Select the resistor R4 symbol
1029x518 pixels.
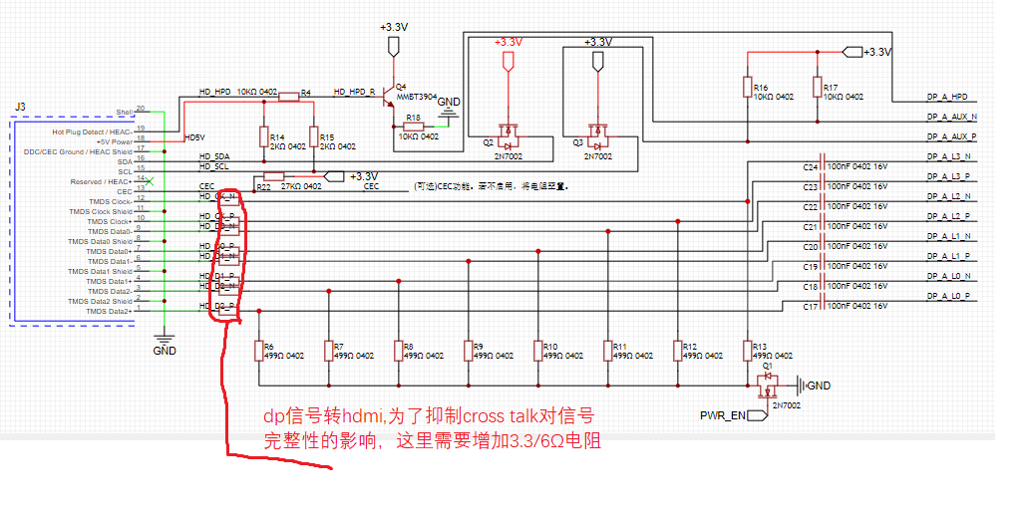(x=289, y=97)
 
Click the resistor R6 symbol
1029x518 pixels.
(x=258, y=351)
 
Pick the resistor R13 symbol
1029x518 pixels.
(x=747, y=351)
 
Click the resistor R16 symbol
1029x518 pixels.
(x=747, y=88)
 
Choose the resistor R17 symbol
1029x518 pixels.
(x=817, y=88)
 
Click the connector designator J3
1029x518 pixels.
(x=21, y=106)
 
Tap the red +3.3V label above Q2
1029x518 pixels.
(x=508, y=43)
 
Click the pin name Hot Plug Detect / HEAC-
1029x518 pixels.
(x=92, y=131)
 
